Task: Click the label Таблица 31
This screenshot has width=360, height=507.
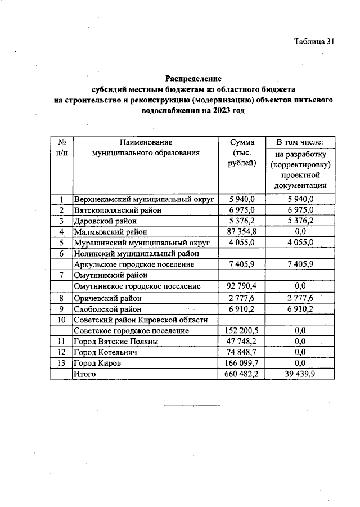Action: click(x=314, y=42)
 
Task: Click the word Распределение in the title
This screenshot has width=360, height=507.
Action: click(x=193, y=78)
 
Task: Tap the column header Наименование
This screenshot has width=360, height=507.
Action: click(x=145, y=142)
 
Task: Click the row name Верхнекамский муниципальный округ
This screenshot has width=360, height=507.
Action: click(x=144, y=199)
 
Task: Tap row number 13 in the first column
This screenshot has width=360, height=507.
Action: click(x=61, y=364)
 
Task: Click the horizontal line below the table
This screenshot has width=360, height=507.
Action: click(x=192, y=405)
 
